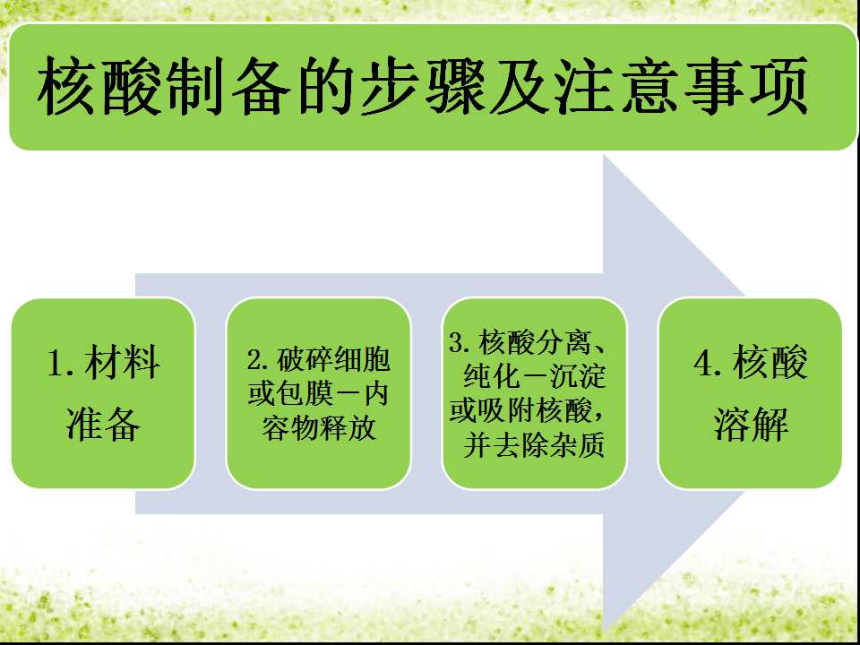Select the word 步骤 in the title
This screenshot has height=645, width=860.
click(x=424, y=87)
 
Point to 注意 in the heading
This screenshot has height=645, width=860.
click(x=616, y=87)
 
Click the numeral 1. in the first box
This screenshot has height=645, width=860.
click(x=61, y=363)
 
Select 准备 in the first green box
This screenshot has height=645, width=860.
click(x=103, y=424)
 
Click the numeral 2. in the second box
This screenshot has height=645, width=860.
click(x=259, y=360)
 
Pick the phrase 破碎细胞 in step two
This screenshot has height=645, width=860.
click(x=333, y=360)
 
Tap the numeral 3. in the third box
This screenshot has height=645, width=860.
click(x=460, y=343)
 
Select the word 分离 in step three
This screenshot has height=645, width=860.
click(x=563, y=343)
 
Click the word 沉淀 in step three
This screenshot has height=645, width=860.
click(x=578, y=376)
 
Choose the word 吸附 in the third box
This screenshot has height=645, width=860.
click(x=505, y=410)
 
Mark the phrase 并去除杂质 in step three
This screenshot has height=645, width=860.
click(x=534, y=445)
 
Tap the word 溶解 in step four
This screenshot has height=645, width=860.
click(x=751, y=424)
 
